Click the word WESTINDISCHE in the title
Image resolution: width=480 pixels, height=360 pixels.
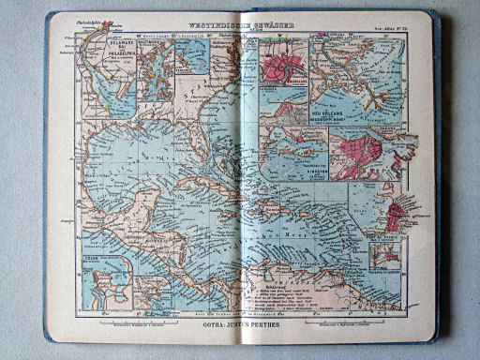(x=213, y=22)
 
